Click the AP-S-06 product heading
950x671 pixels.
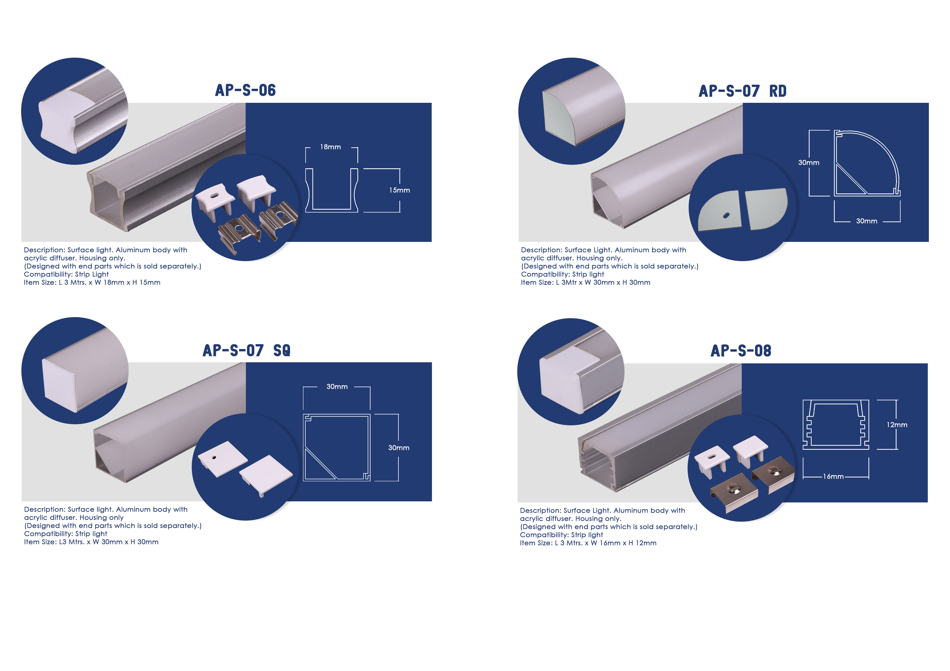click(x=245, y=90)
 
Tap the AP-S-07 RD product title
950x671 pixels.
click(x=742, y=91)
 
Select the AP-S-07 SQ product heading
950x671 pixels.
click(x=247, y=351)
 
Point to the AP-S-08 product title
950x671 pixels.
click(x=741, y=351)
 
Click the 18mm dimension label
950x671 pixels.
click(x=330, y=147)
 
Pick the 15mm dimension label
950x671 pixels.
click(x=399, y=190)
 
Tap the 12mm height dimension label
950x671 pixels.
click(x=897, y=425)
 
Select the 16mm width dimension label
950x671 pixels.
click(x=833, y=476)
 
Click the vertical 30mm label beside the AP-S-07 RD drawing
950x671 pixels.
click(x=808, y=163)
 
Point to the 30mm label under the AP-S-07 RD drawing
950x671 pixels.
click(x=866, y=221)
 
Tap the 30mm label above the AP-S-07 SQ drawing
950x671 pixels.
click(x=337, y=387)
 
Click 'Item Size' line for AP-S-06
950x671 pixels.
click(x=92, y=282)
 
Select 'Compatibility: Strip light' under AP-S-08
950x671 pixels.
click(x=561, y=535)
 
